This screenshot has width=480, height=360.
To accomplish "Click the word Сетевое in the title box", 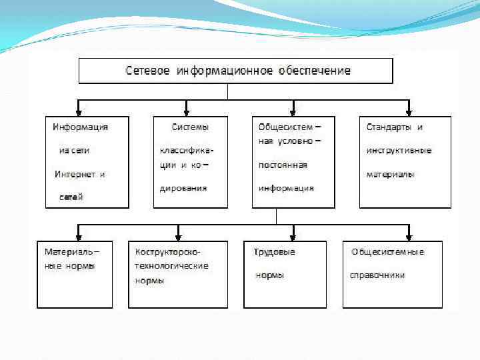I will tap(146, 71).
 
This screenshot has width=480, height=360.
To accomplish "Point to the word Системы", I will tap(190, 127).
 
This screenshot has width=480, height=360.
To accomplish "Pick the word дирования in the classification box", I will tap(183, 188).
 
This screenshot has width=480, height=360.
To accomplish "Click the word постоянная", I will tap(283, 165).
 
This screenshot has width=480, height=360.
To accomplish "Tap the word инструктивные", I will tap(399, 151).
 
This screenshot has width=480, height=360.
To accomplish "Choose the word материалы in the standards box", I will tap(390, 175).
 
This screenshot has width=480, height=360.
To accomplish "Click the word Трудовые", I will tap(274, 252).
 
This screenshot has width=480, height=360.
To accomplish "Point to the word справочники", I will tap(377, 275).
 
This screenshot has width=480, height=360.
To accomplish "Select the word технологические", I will tap(171, 265).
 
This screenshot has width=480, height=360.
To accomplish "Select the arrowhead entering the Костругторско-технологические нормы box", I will tap(178, 237).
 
